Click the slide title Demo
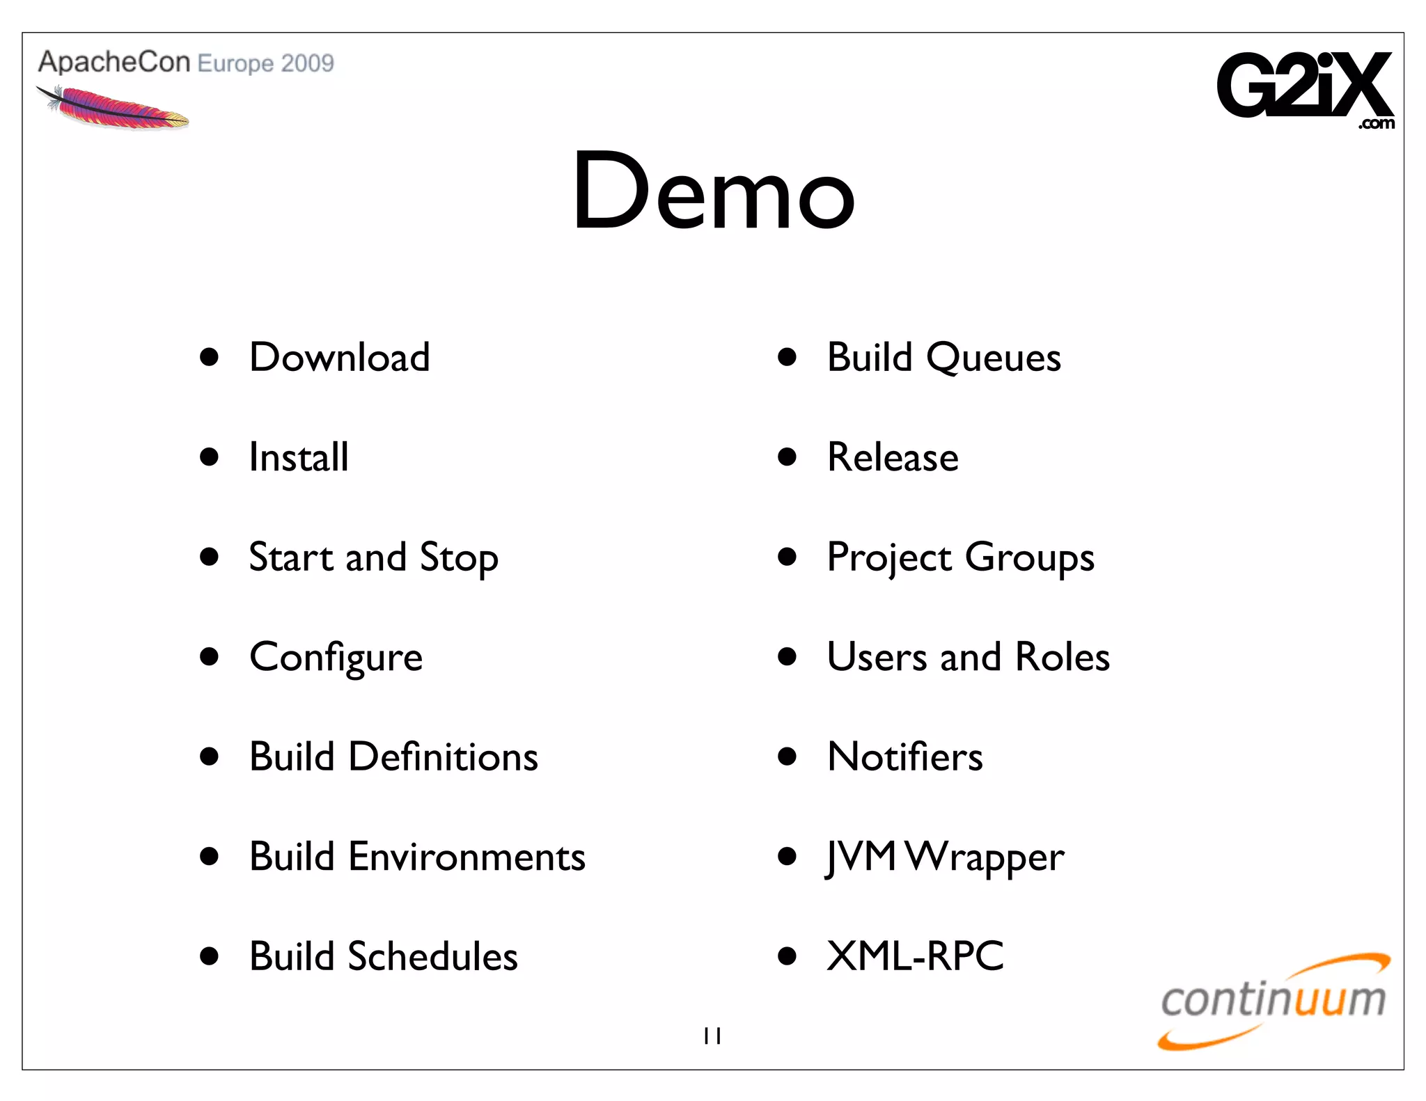tap(713, 191)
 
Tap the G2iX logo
tap(1305, 87)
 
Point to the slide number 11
tap(712, 1036)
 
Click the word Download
tap(339, 358)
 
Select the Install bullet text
tap(299, 457)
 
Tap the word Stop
tap(459, 558)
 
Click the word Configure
tap(336, 658)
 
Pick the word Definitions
tap(443, 757)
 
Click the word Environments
tap(467, 857)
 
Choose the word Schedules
tap(432, 956)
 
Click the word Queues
tap(993, 358)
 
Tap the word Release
tap(893, 457)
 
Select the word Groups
tap(1030, 559)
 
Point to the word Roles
tap(1063, 657)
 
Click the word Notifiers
tap(904, 757)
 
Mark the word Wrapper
tap(985, 858)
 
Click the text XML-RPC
tap(915, 956)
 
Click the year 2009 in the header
tap(308, 63)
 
